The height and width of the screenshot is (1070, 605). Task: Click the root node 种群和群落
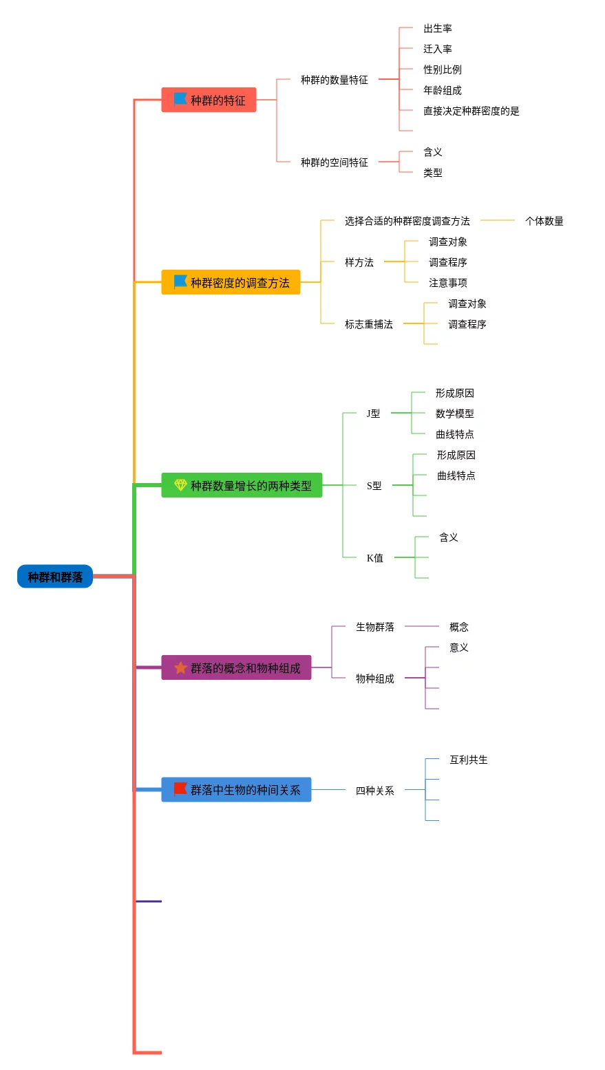click(x=55, y=577)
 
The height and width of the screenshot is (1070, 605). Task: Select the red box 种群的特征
click(x=209, y=100)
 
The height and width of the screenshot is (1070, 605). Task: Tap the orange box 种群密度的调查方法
click(x=231, y=282)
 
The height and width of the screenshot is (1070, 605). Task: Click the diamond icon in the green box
click(x=180, y=485)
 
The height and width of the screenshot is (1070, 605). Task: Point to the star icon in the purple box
click(x=180, y=667)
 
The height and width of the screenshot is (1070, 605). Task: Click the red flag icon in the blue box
click(x=180, y=789)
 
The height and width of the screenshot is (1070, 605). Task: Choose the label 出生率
click(x=438, y=28)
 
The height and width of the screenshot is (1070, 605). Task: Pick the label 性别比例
click(x=443, y=69)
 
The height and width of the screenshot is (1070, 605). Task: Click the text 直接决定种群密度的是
click(x=471, y=111)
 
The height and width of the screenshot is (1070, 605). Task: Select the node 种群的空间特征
click(x=335, y=162)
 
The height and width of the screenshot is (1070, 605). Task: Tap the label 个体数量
click(x=544, y=221)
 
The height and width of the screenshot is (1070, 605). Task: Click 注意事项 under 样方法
click(x=448, y=283)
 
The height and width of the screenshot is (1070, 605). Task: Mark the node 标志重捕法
click(x=369, y=324)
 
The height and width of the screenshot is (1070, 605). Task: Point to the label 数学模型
click(x=455, y=414)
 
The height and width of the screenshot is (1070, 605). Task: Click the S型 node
click(x=374, y=486)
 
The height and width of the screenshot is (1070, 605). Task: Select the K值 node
click(x=375, y=558)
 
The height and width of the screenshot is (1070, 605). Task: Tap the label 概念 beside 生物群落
click(x=459, y=627)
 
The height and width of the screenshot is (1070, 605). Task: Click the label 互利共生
click(x=469, y=760)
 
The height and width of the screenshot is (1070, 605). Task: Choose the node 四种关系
click(x=375, y=791)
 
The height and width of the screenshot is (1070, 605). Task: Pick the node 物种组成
click(x=375, y=678)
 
